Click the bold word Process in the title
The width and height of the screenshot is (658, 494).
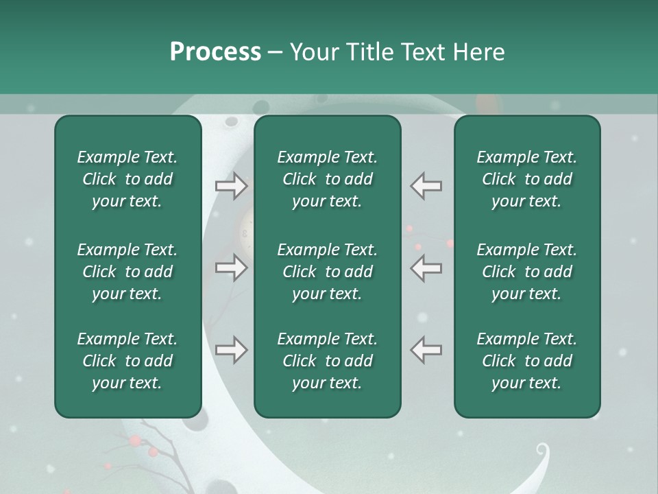coord(215,52)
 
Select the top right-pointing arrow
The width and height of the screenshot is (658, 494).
coord(231,185)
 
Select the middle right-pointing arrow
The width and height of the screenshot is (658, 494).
coord(231,268)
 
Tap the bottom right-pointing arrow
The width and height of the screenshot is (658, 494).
coord(231,350)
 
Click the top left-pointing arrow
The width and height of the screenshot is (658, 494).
coord(426,185)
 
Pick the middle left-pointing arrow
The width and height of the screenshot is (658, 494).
coord(426,268)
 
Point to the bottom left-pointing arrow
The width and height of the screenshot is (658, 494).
coord(426,350)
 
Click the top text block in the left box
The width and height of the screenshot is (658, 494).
coord(127,179)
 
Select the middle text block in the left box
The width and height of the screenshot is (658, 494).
coord(127,272)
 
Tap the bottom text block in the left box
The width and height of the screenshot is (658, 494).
coord(127,361)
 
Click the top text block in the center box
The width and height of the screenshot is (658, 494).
coord(327,179)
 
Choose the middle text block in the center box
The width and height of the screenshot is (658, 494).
coord(327,272)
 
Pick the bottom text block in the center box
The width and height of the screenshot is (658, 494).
coord(327,361)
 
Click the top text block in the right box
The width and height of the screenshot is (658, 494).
coord(526,179)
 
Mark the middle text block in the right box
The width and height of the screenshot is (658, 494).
coord(526,272)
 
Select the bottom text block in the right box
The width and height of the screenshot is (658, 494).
coord(526,361)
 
